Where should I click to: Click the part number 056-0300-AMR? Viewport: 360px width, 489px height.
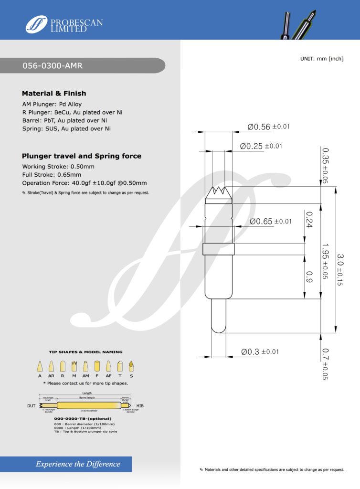[x=53, y=66]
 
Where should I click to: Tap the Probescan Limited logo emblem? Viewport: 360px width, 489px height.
[x=37, y=24]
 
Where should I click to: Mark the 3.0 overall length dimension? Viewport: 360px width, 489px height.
[x=340, y=270]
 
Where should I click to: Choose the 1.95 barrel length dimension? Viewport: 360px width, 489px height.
[x=325, y=261]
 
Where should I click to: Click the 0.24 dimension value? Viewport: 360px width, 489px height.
[x=309, y=219]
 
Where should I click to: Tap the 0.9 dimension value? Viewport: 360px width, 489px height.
[x=309, y=276]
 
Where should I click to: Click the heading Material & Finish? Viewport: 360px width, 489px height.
[x=54, y=94]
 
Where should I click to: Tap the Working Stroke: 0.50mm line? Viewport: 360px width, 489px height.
[x=58, y=167]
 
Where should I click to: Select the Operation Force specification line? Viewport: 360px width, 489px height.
[x=84, y=183]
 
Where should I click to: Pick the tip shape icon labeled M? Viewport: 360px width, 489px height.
[x=74, y=366]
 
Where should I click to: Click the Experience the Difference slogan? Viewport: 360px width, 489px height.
[x=78, y=464]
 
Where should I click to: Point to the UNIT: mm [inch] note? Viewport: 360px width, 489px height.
[x=321, y=58]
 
